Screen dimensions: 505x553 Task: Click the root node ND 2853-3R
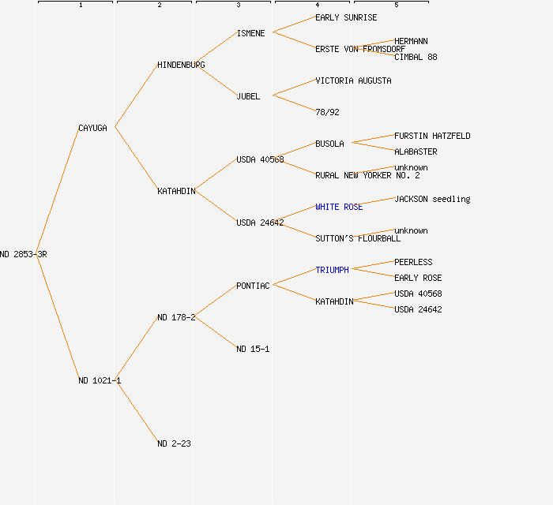pos(24,254)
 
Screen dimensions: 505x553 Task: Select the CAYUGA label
pos(92,128)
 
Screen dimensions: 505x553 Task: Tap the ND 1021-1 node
pos(99,380)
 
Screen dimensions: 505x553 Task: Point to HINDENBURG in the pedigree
pos(181,65)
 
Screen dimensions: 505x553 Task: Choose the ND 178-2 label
pos(176,317)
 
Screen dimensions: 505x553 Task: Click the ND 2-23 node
pos(174,443)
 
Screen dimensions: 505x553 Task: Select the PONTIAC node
pos(253,286)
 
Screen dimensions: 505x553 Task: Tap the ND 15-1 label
pos(253,349)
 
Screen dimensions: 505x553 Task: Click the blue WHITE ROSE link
pos(339,207)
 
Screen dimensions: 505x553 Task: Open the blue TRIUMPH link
pos(332,270)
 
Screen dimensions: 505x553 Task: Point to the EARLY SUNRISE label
pos(346,17)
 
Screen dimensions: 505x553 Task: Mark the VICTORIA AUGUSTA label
pos(353,80)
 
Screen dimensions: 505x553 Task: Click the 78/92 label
pos(327,112)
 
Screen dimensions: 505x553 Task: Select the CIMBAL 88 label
pos(416,57)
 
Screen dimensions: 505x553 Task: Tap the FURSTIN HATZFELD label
pos(432,136)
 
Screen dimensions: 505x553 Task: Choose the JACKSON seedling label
pos(432,199)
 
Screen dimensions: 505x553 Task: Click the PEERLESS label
pos(413,262)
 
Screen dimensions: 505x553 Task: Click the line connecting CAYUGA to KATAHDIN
pos(136,159)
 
